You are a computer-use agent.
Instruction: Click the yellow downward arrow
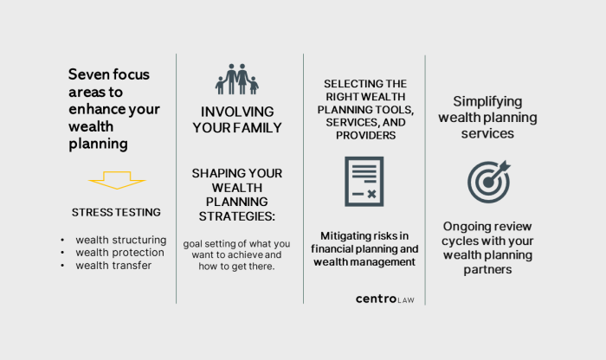pyautogui.click(x=117, y=179)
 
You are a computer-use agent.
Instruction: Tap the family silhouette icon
pyautogui.click(x=236, y=80)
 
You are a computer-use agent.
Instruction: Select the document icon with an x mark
pyautogui.click(x=364, y=181)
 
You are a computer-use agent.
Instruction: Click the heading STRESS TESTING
pyautogui.click(x=116, y=212)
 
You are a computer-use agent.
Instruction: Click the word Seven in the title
pyautogui.click(x=88, y=74)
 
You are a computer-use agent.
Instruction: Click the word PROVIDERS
pyautogui.click(x=364, y=136)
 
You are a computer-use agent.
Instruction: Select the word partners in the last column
pyautogui.click(x=487, y=269)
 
